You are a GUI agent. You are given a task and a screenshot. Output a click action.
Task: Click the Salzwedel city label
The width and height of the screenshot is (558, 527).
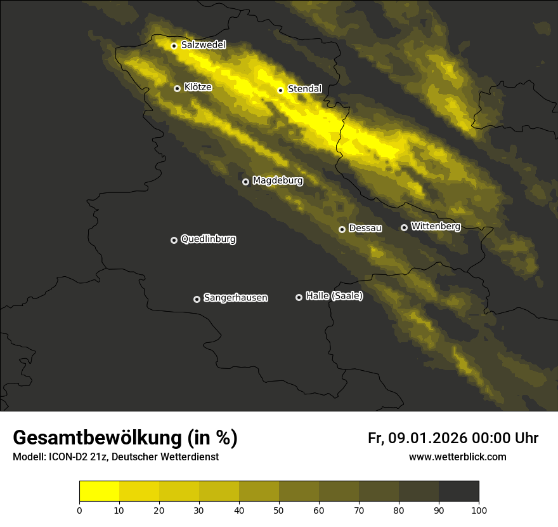(x=203, y=45)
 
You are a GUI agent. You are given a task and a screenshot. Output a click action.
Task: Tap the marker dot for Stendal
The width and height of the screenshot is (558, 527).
(x=280, y=90)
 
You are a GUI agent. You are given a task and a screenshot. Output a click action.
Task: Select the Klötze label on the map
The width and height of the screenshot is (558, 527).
(x=198, y=88)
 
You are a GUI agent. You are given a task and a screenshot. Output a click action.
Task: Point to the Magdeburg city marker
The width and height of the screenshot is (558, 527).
(x=246, y=182)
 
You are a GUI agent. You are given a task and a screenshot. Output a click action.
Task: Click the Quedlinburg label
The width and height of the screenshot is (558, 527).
(x=208, y=239)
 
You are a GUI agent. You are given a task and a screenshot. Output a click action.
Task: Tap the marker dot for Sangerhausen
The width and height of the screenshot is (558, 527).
(x=197, y=299)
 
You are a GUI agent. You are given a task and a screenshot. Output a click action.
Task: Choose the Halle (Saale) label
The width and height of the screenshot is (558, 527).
(x=334, y=296)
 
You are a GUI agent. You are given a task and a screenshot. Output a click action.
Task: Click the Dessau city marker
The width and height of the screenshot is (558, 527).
(x=342, y=229)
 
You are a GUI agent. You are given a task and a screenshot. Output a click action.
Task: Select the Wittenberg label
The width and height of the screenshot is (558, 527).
(x=436, y=226)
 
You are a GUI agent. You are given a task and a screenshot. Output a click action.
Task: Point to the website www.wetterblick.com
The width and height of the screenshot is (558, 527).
(x=457, y=457)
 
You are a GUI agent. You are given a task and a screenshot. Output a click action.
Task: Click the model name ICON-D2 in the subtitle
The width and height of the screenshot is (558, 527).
(x=69, y=457)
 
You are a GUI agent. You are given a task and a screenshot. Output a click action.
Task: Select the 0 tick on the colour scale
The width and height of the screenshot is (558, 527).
(x=79, y=510)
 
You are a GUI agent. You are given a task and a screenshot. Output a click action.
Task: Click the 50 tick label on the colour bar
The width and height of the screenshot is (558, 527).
(x=279, y=510)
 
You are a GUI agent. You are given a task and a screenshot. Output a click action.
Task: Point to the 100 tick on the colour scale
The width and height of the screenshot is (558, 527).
(x=479, y=510)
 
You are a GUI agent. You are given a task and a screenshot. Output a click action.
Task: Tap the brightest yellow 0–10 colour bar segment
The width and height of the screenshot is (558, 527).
(x=100, y=491)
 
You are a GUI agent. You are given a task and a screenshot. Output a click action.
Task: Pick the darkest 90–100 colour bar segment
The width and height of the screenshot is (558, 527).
(x=458, y=491)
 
